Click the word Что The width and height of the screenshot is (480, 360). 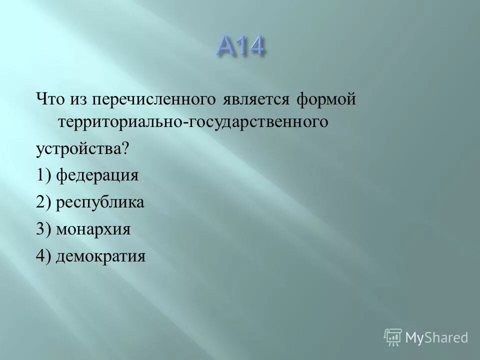coord(50,99)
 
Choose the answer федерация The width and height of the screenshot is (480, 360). coord(97,175)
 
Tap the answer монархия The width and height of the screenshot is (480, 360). coord(93,229)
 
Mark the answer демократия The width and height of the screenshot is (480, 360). coord(100,256)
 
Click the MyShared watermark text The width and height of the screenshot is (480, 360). coord(436,337)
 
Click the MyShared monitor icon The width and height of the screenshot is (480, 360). coord(392,336)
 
